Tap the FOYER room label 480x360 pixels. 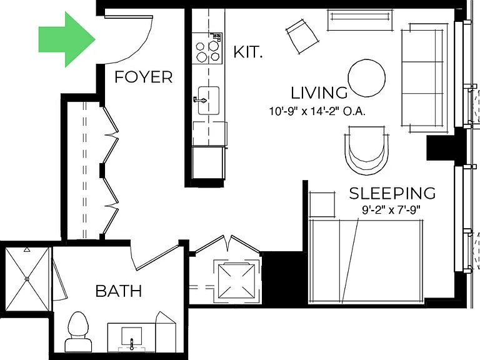144,77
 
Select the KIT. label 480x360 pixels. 247,52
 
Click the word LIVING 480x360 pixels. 319,92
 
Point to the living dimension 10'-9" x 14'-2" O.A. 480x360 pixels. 317,111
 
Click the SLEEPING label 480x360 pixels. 392,193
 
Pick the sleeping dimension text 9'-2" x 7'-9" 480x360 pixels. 391,210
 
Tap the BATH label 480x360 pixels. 119,291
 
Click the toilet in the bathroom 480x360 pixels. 78,332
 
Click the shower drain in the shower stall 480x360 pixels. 27,279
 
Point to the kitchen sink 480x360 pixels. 209,101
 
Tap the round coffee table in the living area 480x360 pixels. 367,78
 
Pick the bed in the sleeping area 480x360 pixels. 366,261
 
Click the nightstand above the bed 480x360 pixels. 322,204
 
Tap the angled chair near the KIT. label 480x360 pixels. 302,36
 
